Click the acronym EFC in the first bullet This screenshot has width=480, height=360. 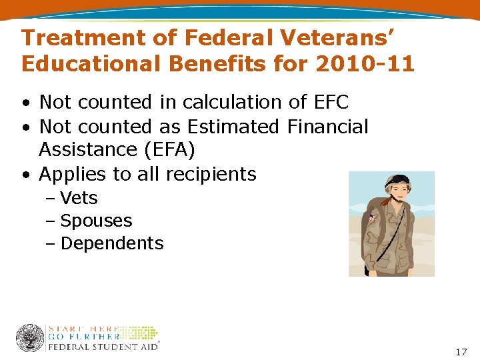tap(328, 102)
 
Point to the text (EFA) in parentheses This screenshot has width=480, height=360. tap(169, 150)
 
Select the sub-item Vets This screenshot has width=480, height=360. tap(79, 198)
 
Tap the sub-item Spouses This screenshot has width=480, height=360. tap(96, 221)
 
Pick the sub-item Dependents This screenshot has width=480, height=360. tap(111, 243)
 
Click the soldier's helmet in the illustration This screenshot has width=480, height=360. tap(398, 180)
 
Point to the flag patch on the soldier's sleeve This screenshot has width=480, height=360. tap(371, 217)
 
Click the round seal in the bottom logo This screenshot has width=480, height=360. tap(30, 338)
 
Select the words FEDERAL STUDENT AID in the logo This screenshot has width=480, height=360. tap(103, 347)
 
